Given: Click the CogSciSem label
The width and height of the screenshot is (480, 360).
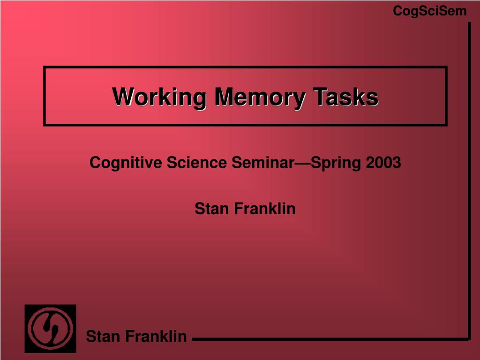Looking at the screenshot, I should click(429, 11).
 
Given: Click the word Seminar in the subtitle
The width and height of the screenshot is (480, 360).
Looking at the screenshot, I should click(262, 163).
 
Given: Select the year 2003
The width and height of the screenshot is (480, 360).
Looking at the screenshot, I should click(383, 163).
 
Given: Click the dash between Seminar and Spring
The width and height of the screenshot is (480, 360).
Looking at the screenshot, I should click(302, 164).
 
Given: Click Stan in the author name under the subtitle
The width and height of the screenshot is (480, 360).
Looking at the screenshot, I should click(210, 209).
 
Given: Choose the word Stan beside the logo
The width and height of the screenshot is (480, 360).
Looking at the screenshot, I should click(102, 336).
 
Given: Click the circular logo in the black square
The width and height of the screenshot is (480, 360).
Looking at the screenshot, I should click(50, 328).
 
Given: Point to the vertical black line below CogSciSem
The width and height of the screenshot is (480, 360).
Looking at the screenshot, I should click(469, 178).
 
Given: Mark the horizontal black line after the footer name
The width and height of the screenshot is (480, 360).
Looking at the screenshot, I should click(328, 339).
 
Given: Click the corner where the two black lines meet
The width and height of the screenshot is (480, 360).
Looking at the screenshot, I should click(469, 338).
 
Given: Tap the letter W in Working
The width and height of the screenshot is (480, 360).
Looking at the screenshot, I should click(123, 97).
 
